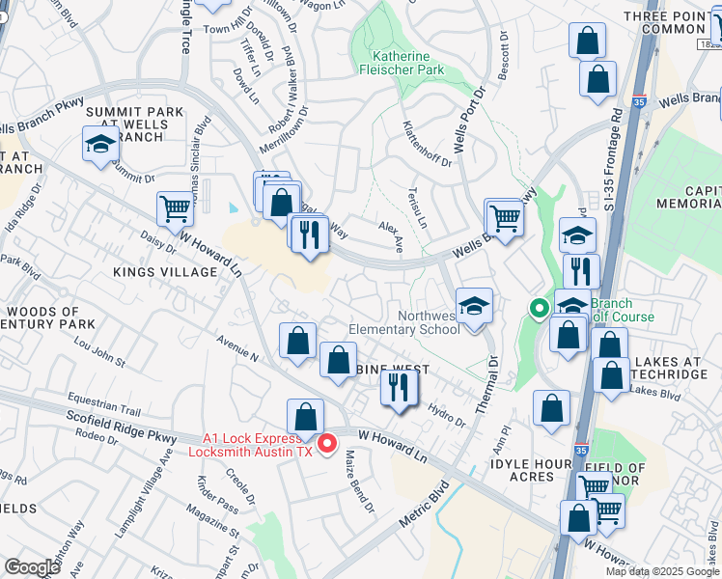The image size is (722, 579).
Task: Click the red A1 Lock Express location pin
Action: point(327,443)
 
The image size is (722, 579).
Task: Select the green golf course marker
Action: point(539,309)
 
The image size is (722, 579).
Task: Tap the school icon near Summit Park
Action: point(100,146)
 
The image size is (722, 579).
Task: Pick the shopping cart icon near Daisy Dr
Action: point(175,209)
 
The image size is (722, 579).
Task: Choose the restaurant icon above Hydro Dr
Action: point(397,387)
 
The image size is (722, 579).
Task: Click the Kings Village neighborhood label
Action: point(166,272)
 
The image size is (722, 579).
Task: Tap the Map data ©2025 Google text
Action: point(661,571)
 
